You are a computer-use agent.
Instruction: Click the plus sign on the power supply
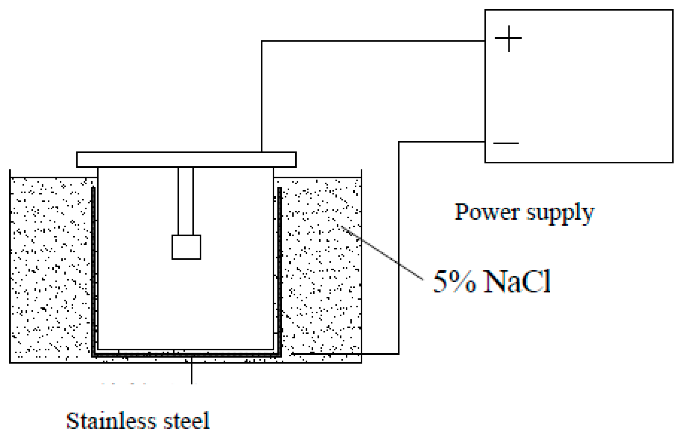(508, 38)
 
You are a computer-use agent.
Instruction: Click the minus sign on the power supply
(506, 143)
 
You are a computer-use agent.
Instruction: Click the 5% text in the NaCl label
(454, 281)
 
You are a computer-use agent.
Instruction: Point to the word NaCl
(517, 281)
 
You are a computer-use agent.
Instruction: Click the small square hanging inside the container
(186, 247)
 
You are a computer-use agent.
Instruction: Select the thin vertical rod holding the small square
(186, 201)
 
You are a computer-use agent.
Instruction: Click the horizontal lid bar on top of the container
(186, 160)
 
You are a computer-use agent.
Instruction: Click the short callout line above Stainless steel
(191, 371)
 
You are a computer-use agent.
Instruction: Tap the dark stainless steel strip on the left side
(94, 270)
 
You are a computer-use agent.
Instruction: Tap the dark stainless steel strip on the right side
(280, 270)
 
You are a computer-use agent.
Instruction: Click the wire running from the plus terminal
(356, 41)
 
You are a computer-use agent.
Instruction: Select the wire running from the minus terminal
(398, 249)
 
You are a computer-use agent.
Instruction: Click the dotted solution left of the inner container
(50, 270)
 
